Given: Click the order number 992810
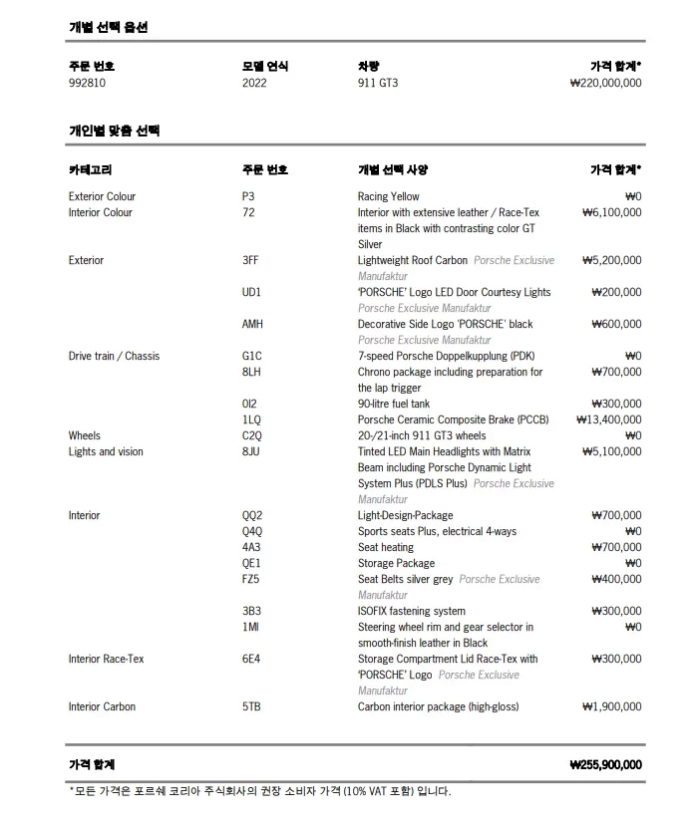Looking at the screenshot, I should click(x=87, y=83).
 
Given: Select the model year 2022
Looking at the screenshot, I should click(x=254, y=83).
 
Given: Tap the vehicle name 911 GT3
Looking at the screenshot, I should click(x=378, y=83).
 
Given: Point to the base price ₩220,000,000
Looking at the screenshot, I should click(x=605, y=83).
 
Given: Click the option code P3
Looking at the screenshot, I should click(x=248, y=196).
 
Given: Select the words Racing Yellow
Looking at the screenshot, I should click(x=388, y=196).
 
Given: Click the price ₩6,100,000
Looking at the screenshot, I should click(x=611, y=212).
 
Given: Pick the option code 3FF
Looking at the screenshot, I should click(x=250, y=260).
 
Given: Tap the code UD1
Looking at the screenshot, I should click(x=251, y=292).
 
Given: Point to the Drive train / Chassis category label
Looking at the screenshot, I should click(x=114, y=356).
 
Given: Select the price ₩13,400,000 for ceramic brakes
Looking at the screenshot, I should click(x=608, y=419).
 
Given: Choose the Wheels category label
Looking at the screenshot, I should click(x=85, y=435).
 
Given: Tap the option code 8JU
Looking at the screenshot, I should click(x=251, y=451).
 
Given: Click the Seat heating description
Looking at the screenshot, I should click(x=385, y=547).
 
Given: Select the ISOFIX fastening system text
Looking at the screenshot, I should click(x=411, y=611).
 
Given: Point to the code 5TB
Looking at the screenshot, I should click(x=251, y=706).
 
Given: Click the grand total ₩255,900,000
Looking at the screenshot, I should click(x=605, y=764).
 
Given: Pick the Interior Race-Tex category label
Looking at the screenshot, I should click(x=106, y=659).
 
